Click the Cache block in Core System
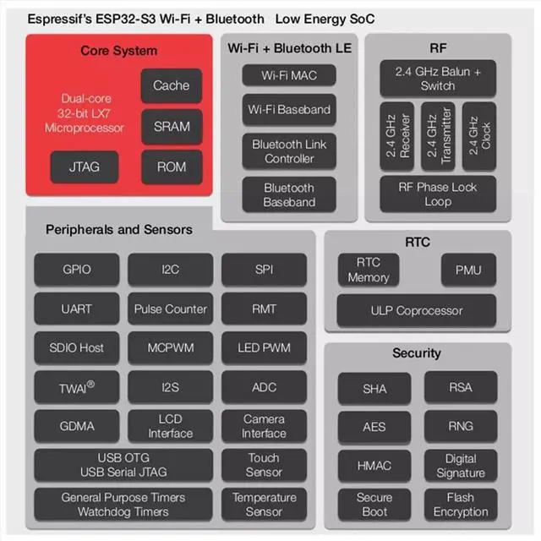[x=172, y=85]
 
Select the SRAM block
[x=172, y=127]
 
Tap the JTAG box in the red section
[x=85, y=167]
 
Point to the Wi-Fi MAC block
[x=289, y=75]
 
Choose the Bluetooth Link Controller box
[x=289, y=151]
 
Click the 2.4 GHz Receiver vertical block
[x=396, y=136]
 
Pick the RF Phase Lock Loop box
[x=438, y=194]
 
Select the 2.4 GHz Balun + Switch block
[x=438, y=79]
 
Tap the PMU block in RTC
[x=468, y=270]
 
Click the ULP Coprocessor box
[x=417, y=310]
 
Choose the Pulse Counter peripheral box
[x=171, y=309]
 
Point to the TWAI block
[x=77, y=387]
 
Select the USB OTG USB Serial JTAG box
[x=123, y=465]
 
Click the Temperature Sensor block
[x=264, y=505]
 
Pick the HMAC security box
[x=374, y=466]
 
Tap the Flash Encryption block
[x=461, y=505]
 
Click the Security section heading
[x=417, y=353]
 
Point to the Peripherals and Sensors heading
[x=119, y=229]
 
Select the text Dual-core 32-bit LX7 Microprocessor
[x=85, y=113]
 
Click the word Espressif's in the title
[x=60, y=19]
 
